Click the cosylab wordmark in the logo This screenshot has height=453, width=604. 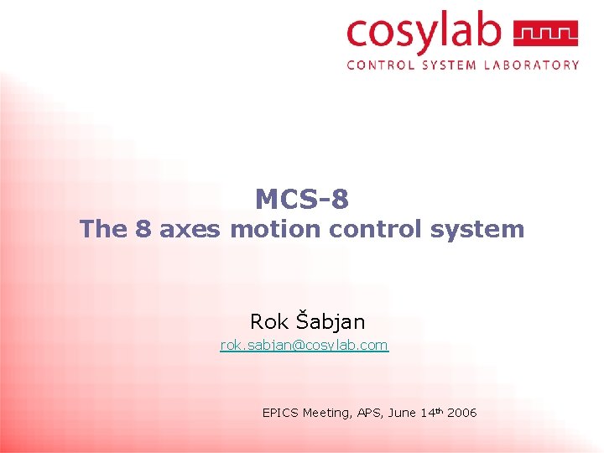coord(424,34)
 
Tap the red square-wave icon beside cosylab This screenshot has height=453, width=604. coord(545,34)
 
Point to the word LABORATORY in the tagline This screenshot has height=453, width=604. coord(532,65)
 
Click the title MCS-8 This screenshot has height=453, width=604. coord(302,200)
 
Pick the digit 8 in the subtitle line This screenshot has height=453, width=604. coord(143,229)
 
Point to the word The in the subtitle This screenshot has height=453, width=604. coord(102,229)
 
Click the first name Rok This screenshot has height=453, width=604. coord(268,321)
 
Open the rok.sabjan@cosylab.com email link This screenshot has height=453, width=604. coord(304,345)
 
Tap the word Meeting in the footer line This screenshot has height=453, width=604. coord(326,413)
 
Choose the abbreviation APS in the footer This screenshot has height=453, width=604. coord(369,413)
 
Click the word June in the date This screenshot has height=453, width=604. coord(403,413)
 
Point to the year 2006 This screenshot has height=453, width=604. coord(462,413)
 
